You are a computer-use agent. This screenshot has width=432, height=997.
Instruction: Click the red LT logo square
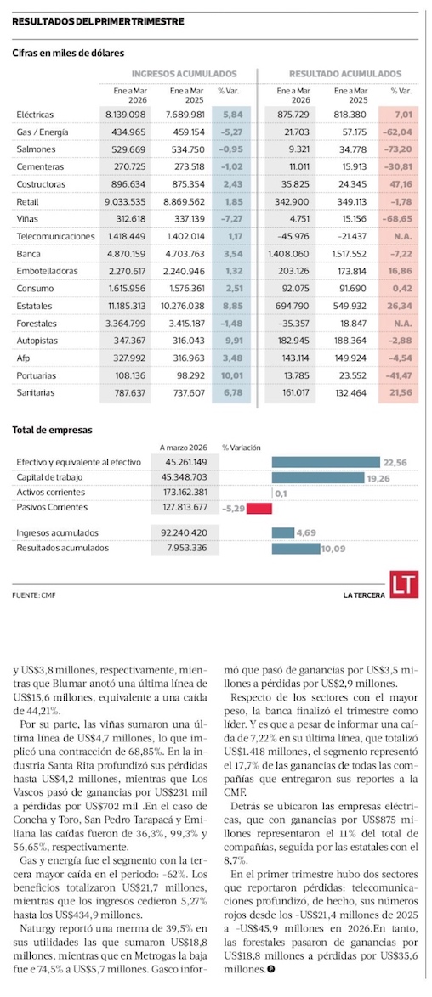click(404, 583)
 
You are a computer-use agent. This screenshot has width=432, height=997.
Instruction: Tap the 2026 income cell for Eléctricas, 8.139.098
click(126, 115)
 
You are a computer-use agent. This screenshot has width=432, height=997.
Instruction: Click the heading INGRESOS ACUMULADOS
click(185, 74)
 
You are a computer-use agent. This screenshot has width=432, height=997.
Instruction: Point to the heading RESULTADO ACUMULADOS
click(345, 74)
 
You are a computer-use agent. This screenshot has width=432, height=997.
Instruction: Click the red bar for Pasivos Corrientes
click(259, 508)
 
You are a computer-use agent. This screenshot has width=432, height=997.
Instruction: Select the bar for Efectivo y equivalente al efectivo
click(326, 462)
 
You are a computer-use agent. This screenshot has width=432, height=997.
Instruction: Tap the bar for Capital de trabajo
click(317, 477)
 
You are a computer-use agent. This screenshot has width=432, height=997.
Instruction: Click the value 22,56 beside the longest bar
click(392, 462)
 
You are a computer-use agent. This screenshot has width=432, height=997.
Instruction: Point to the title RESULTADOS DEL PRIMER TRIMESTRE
click(98, 21)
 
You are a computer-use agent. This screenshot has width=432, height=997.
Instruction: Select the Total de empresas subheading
click(52, 430)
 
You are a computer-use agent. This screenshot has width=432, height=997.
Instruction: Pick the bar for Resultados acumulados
click(296, 548)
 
